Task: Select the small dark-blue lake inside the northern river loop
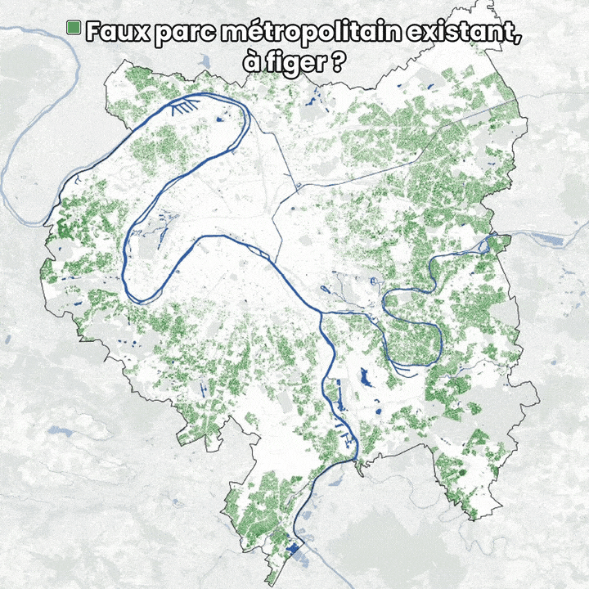tap(220, 121)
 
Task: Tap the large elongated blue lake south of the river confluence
tap(363, 379)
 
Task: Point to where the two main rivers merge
tap(325, 312)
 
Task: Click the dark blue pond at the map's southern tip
tap(292, 551)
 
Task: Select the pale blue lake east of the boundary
tap(546, 239)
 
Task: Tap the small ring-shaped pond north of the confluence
tap(326, 288)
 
